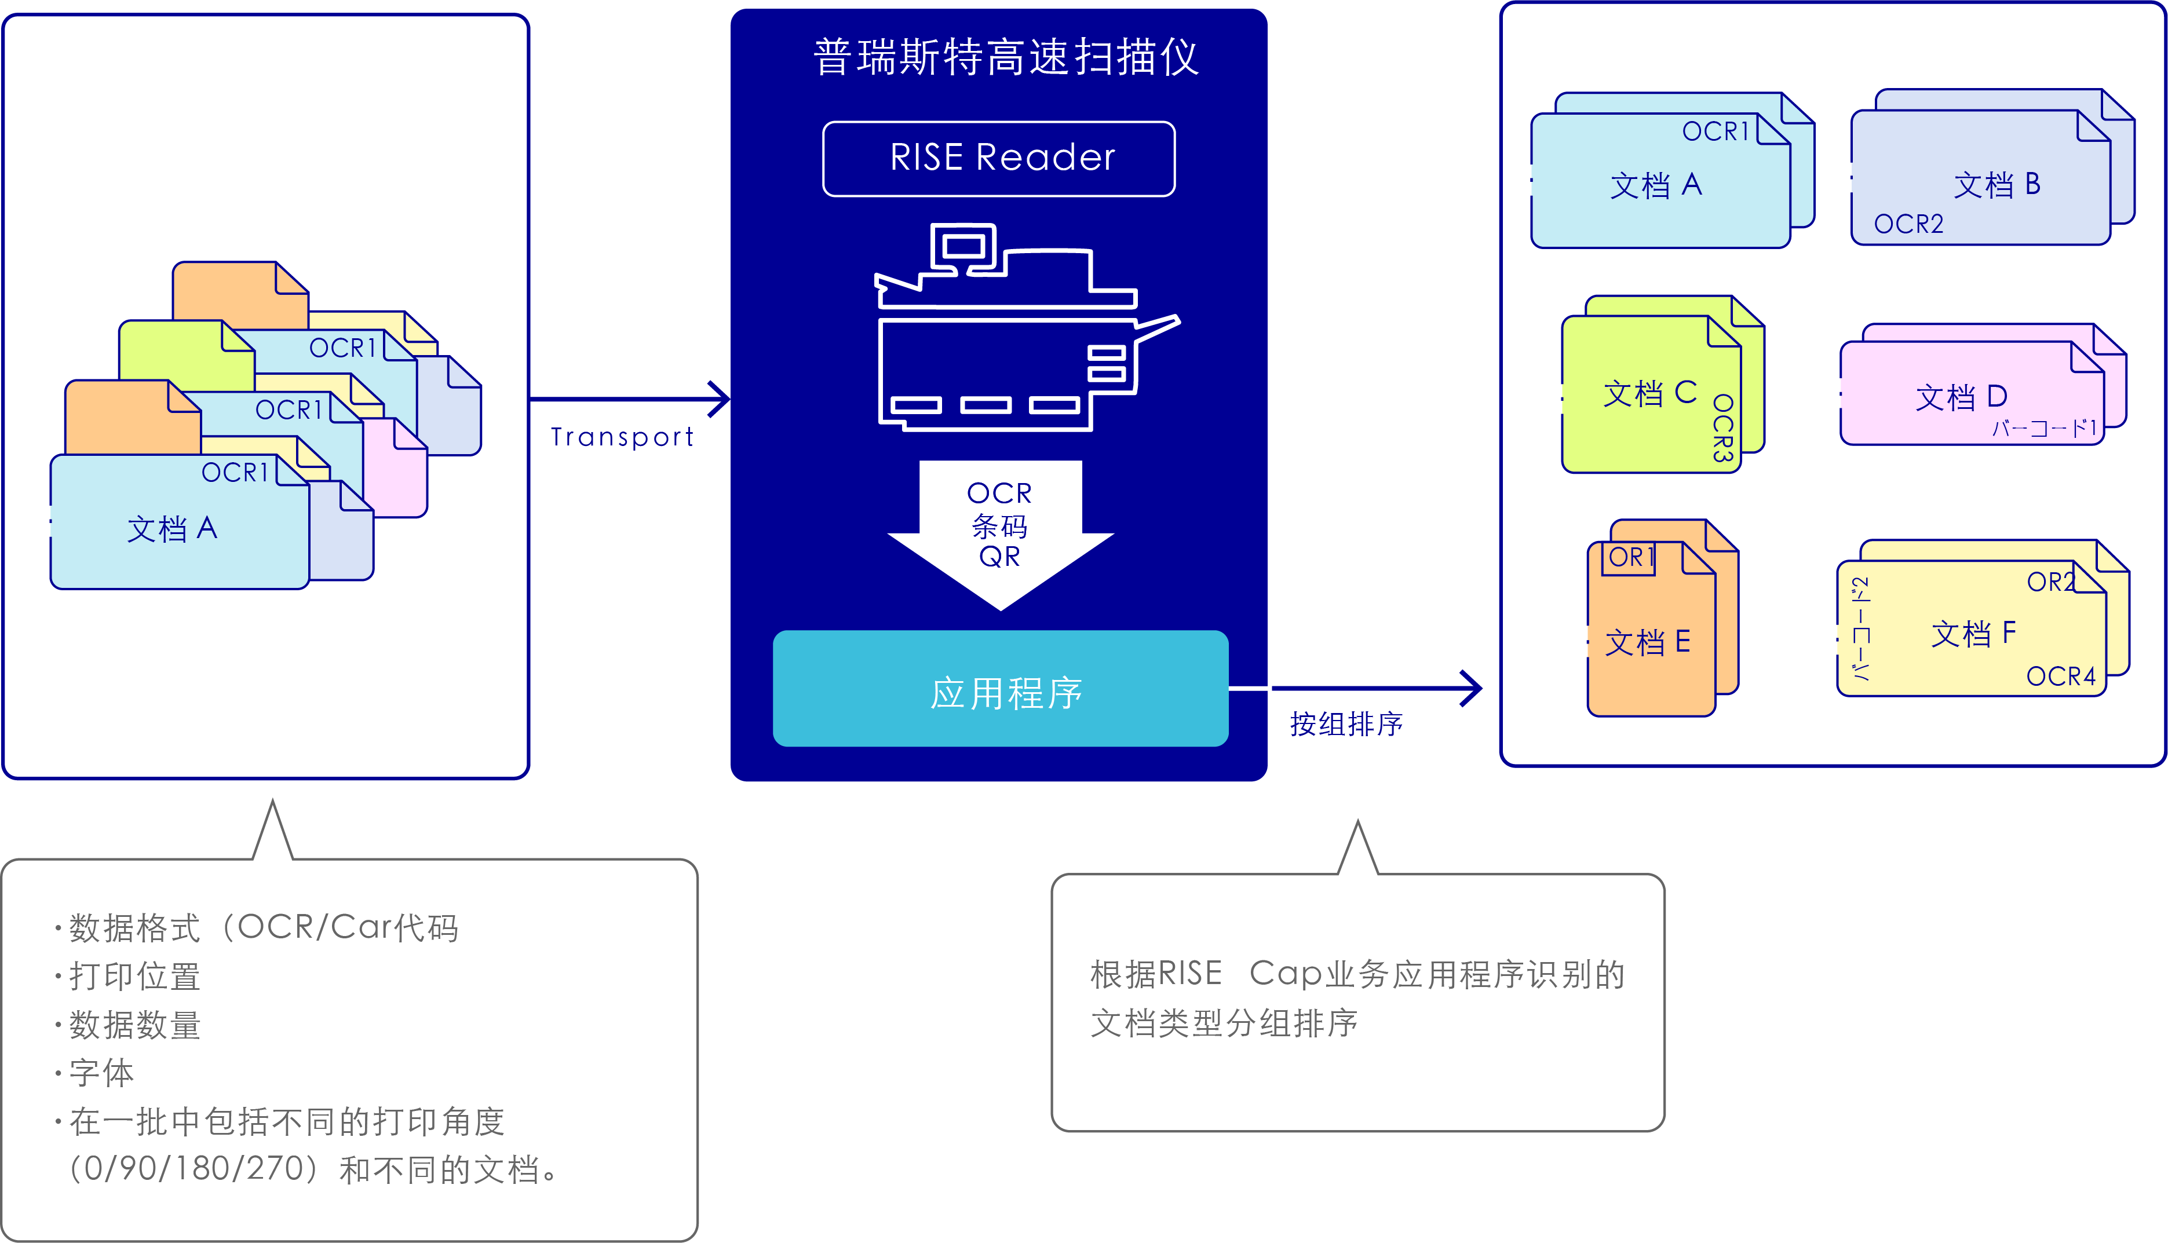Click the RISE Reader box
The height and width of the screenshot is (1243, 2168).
click(998, 159)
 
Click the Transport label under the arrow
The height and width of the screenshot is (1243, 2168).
click(622, 437)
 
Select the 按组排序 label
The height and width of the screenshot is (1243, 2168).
click(1346, 724)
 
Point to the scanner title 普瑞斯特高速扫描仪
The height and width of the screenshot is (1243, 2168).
click(1005, 58)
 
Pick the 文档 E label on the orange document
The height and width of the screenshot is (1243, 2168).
click(1647, 642)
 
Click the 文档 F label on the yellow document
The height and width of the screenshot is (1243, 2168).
click(1973, 634)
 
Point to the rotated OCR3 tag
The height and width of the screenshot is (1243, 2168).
click(1723, 429)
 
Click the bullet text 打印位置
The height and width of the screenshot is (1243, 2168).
click(135, 977)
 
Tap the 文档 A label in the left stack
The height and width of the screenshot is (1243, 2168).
click(171, 528)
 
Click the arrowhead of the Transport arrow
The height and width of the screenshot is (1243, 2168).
click(721, 399)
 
